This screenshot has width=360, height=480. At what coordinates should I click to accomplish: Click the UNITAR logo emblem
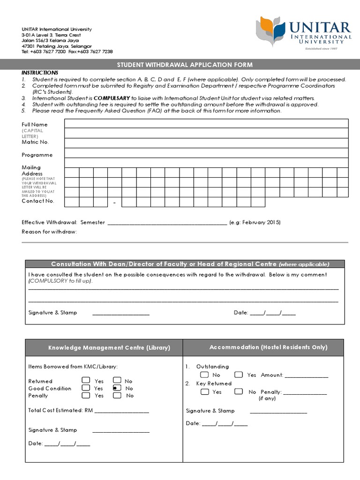(x=270, y=31)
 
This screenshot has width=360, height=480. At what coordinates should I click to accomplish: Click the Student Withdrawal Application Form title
(x=184, y=65)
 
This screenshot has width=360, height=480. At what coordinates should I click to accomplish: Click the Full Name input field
(x=206, y=124)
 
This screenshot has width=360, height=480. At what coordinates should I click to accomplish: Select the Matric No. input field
(x=206, y=142)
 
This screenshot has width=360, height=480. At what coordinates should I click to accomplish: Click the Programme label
(x=37, y=155)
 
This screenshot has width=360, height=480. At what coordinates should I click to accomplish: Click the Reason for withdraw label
(x=49, y=232)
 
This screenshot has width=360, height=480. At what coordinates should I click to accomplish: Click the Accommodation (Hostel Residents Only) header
(x=268, y=347)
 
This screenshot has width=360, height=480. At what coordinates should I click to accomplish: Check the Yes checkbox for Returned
(x=86, y=381)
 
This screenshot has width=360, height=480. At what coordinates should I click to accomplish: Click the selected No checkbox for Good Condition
(x=117, y=388)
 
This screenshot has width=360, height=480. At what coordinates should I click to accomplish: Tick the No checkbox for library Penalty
(x=117, y=395)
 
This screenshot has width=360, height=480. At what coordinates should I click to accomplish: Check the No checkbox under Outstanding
(x=204, y=375)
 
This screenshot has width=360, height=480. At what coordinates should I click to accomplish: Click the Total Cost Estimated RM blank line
(x=122, y=411)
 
